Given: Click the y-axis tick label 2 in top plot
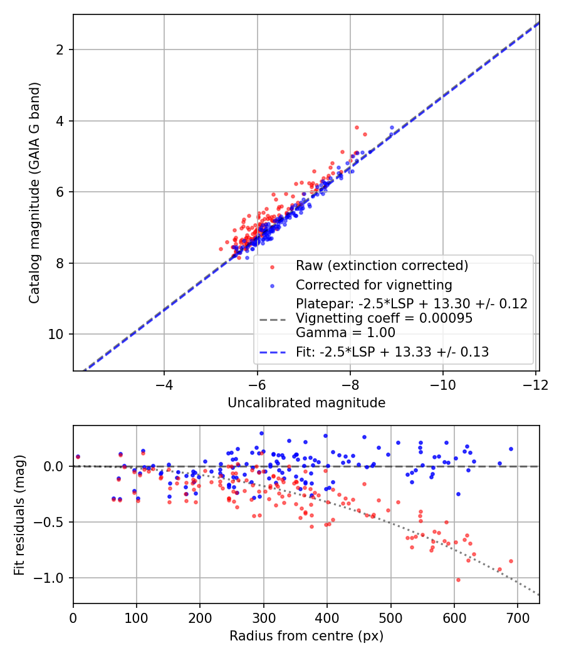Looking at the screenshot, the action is (60, 50).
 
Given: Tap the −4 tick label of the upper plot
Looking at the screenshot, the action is (164, 385).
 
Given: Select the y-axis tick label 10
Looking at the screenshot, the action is (56, 335).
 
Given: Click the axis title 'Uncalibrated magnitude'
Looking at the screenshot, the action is (306, 403).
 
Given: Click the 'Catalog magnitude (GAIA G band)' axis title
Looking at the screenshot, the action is (34, 192).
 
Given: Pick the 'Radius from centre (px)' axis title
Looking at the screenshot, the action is (306, 636).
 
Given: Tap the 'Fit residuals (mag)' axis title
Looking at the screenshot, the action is (19, 515).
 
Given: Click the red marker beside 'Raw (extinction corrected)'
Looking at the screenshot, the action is (273, 267).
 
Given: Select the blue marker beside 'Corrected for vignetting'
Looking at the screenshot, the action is (273, 286).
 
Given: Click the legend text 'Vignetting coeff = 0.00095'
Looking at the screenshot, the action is (384, 318).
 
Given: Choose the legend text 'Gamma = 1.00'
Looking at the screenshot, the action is (345, 333).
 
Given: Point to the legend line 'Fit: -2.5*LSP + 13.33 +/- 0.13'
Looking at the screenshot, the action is (273, 352).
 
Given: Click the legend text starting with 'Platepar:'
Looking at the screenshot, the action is (411, 304).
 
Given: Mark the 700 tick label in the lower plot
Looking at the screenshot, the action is (518, 619).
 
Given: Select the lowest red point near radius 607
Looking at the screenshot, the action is (458, 580).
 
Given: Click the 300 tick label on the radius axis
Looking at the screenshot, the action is (264, 619).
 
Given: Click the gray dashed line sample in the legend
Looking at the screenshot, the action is (273, 320).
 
